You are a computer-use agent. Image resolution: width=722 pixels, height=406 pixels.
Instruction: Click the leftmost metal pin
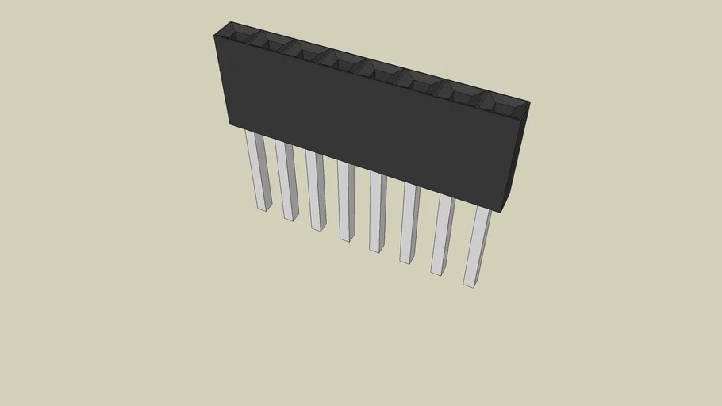[x=258, y=170]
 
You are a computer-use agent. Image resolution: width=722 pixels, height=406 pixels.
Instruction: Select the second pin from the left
[x=286, y=180]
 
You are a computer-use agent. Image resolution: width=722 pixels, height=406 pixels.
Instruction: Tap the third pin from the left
[x=317, y=190]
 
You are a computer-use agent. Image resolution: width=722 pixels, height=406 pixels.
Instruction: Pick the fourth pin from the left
[x=346, y=201]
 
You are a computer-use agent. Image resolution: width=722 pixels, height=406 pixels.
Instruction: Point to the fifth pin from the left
[x=377, y=212]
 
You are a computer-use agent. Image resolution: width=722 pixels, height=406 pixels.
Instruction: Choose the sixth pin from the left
[x=409, y=223]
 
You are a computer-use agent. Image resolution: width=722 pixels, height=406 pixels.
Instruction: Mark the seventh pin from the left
[x=441, y=235]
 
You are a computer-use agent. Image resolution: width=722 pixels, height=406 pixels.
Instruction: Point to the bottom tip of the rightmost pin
[x=469, y=282]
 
